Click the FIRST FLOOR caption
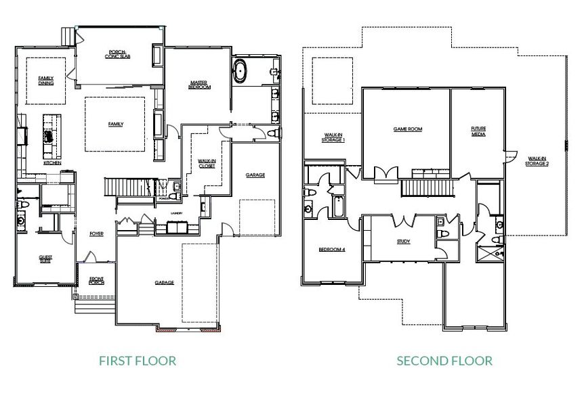[x=138, y=361]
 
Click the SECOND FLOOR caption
[x=444, y=361]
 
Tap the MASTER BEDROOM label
[x=199, y=85]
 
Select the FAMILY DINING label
[x=45, y=81]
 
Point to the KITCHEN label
[x=52, y=163]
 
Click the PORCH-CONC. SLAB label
[x=119, y=54]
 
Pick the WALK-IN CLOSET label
[x=206, y=163]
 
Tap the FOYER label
[x=96, y=234]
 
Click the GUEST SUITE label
[x=45, y=259]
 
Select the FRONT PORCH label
[x=96, y=280]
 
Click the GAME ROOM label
[x=408, y=129]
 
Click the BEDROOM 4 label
[x=332, y=250]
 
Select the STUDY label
[x=404, y=241]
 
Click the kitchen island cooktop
[x=49, y=135]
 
